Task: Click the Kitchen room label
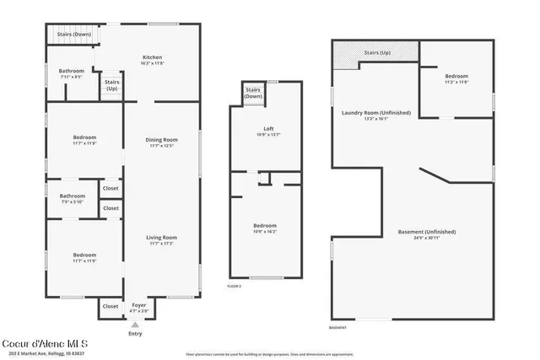(152, 57)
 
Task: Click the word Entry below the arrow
(135, 334)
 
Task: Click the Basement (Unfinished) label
(427, 232)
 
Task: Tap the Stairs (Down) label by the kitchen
(62, 35)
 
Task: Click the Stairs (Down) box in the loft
(253, 92)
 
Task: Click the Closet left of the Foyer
(111, 307)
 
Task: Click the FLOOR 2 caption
(235, 287)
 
